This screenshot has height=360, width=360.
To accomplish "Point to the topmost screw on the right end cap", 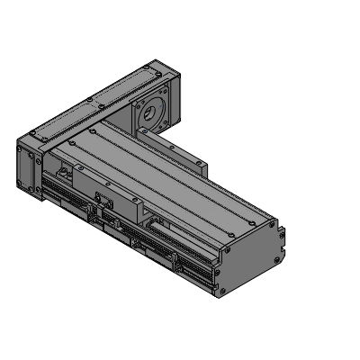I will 270,216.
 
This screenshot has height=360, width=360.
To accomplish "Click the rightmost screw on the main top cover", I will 262,216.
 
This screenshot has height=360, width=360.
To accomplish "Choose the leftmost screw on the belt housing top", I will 32,134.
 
